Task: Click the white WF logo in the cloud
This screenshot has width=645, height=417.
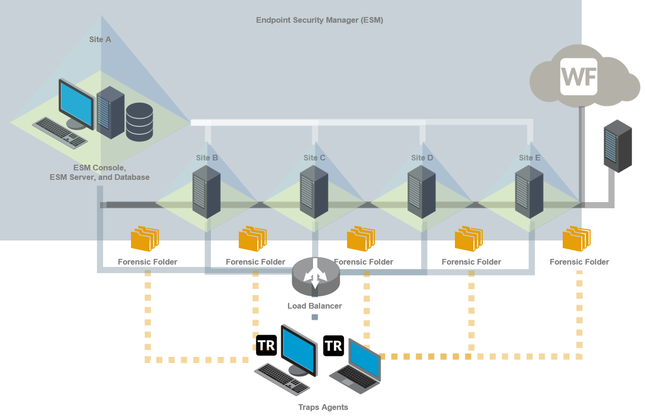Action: click(x=578, y=77)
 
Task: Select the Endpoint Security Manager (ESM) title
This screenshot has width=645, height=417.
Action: click(x=319, y=20)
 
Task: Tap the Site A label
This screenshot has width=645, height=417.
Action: click(x=100, y=40)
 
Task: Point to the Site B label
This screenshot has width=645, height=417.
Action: click(x=207, y=158)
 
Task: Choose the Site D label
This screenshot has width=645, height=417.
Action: click(x=422, y=158)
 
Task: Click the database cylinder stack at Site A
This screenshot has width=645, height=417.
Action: click(x=139, y=122)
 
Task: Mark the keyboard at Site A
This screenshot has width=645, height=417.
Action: click(x=60, y=132)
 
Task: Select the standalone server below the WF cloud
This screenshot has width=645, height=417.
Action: click(x=618, y=146)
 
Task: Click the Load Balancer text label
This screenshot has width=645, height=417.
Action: click(x=314, y=306)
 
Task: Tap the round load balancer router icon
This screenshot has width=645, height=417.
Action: click(x=315, y=275)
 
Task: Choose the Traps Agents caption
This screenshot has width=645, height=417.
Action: click(x=323, y=407)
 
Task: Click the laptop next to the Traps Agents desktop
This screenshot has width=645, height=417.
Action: click(x=357, y=367)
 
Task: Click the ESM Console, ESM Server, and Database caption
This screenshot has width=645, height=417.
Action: click(x=99, y=173)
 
